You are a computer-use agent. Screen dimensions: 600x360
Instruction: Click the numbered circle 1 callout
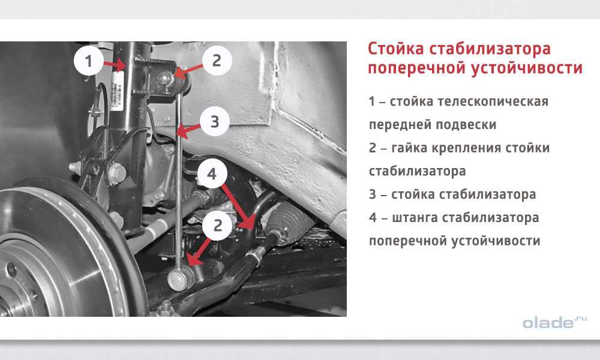click(88, 61)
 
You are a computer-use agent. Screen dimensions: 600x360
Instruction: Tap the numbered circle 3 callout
click(215, 122)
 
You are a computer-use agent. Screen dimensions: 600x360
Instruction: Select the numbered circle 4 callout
click(212, 173)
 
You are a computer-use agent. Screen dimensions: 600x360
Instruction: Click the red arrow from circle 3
click(188, 130)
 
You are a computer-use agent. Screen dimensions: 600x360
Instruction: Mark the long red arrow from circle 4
click(238, 206)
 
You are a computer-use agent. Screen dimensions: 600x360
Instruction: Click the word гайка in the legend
click(409, 148)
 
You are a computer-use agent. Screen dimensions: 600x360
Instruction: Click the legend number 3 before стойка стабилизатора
click(373, 194)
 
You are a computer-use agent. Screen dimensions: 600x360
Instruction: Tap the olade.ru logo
click(554, 322)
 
